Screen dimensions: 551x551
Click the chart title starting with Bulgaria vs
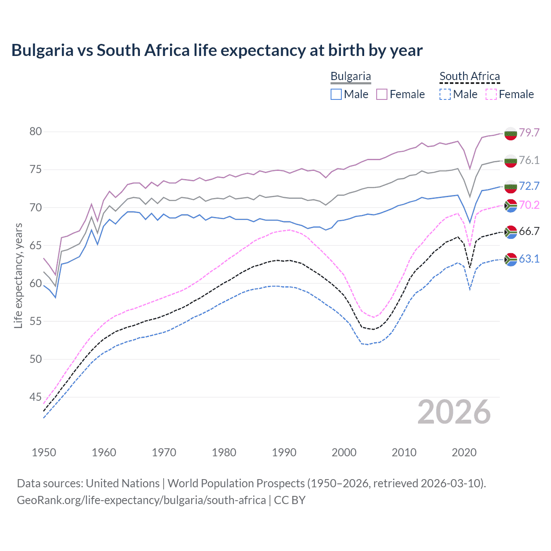coord(217,50)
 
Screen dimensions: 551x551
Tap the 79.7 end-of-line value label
coord(529,133)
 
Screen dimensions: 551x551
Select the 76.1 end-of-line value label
coord(529,160)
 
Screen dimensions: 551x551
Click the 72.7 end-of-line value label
coord(529,186)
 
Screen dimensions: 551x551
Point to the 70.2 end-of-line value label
coord(529,205)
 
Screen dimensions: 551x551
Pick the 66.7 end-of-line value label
coord(529,231)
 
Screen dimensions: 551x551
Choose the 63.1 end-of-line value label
coord(529,259)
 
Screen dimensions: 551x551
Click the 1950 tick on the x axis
coord(44,452)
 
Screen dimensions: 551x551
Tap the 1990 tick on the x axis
coord(284,452)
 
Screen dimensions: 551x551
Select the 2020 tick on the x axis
coord(464,452)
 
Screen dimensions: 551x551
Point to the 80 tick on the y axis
coord(36,132)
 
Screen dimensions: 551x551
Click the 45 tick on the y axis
coord(36,397)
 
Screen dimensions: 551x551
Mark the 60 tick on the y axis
coord(36,283)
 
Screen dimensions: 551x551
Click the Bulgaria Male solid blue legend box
coord(336,94)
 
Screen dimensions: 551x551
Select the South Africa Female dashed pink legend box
coord(491,94)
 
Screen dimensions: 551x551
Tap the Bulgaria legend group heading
coord(350,76)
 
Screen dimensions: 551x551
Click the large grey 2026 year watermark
coord(454,412)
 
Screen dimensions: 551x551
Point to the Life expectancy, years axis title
coord(18,275)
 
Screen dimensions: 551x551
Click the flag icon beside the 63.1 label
coord(511,259)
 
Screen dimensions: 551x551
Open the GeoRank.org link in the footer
coord(141,500)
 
